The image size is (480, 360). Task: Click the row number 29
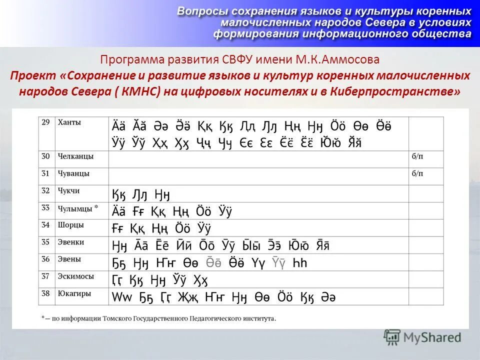point(45,122)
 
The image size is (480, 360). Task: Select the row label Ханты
point(69,122)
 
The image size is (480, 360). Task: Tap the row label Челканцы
point(75,156)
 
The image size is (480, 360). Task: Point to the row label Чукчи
point(68,190)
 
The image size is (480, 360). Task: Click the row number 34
point(45,224)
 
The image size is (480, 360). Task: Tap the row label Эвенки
point(70,242)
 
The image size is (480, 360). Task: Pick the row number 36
point(45,259)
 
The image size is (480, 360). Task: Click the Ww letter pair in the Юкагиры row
point(120,297)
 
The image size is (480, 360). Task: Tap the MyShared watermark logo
point(422,337)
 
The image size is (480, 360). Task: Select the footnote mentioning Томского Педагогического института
point(158,317)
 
